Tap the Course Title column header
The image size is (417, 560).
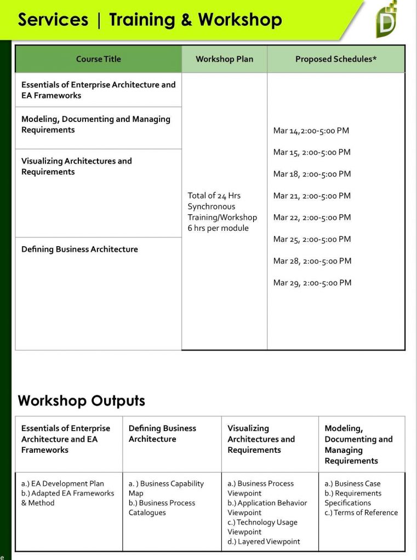(x=98, y=59)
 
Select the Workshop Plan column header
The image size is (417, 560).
(x=224, y=59)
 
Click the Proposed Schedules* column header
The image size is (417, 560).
(x=336, y=59)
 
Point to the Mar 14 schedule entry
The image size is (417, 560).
(x=311, y=131)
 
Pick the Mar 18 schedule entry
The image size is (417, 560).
(x=312, y=174)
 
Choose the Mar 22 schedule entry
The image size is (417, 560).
(x=312, y=218)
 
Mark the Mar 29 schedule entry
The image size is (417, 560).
(x=312, y=283)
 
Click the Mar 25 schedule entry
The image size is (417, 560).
(x=312, y=239)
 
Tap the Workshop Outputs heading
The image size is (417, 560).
(x=81, y=401)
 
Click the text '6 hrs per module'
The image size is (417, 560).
(x=218, y=228)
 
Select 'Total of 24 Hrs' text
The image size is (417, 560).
(x=214, y=195)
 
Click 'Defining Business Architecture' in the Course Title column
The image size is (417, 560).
(x=79, y=249)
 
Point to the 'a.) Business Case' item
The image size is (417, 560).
(x=352, y=483)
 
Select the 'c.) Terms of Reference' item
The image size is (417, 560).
(x=361, y=512)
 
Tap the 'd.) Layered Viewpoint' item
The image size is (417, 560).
(x=264, y=541)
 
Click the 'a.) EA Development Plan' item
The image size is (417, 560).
(x=62, y=483)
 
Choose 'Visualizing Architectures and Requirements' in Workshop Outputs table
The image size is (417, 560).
(x=261, y=439)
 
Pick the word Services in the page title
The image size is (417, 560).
(x=53, y=20)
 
